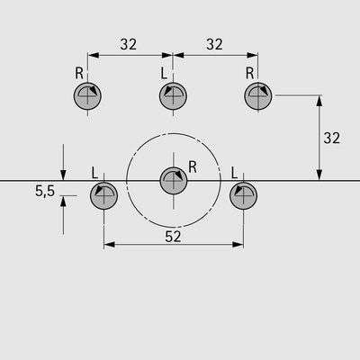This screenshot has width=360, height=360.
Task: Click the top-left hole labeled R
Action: pos(87,96)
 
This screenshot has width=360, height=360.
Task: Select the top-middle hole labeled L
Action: pos(173,96)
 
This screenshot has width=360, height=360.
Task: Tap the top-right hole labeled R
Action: pos(258,96)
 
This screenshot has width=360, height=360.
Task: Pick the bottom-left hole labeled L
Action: pos(103,195)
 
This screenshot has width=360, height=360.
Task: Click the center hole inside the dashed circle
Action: pos(174,181)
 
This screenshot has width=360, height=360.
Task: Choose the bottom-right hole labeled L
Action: pos(243,195)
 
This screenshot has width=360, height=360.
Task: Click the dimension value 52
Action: pos(173,237)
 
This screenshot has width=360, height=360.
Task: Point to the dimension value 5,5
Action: pos(45,191)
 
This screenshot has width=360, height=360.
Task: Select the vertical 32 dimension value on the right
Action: pos(332,138)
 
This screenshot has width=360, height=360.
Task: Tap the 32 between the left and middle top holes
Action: pos(129,44)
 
